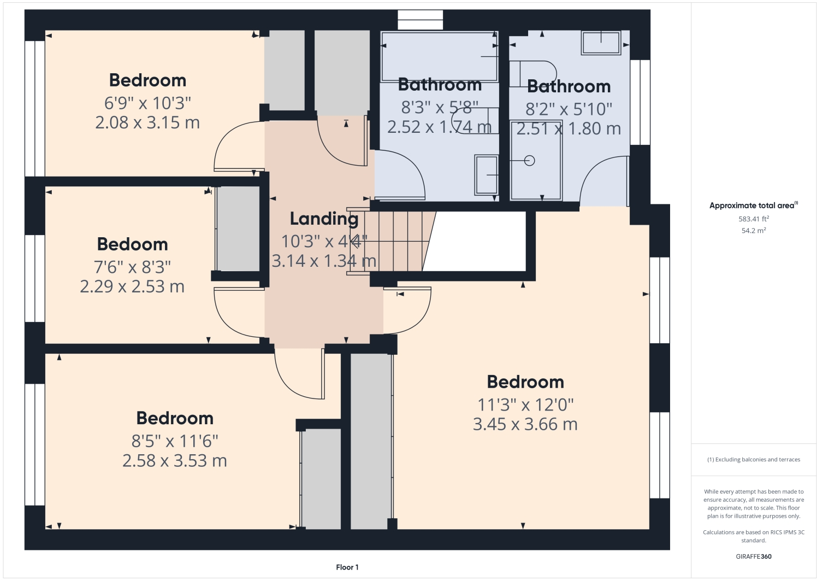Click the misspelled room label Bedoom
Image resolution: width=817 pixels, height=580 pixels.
coord(132,244)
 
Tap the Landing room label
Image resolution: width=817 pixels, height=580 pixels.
coord(324,219)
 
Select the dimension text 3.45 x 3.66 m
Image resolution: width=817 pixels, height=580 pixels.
coord(525,424)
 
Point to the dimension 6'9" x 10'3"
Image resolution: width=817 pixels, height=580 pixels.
coord(147,103)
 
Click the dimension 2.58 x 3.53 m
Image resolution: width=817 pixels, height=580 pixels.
coord(175,461)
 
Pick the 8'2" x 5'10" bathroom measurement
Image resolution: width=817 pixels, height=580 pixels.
coord(569,109)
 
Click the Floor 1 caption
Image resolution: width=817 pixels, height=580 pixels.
coord(347,567)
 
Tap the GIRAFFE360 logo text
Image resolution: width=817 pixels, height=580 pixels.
coord(754,556)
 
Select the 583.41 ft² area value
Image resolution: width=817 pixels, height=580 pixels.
coord(754,219)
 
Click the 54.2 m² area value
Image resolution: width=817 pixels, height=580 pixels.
coord(754,231)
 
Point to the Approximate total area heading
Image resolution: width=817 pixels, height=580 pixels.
coord(754,206)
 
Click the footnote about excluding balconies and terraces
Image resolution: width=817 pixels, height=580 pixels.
coord(754,460)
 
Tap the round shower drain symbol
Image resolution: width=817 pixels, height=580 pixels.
coord(529,161)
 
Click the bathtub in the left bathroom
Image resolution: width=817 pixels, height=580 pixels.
coord(439,56)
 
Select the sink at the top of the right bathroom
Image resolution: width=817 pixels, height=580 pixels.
coord(601,43)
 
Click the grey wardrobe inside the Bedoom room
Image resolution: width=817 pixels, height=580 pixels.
coord(238,229)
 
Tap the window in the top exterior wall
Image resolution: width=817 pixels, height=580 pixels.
coord(420,20)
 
